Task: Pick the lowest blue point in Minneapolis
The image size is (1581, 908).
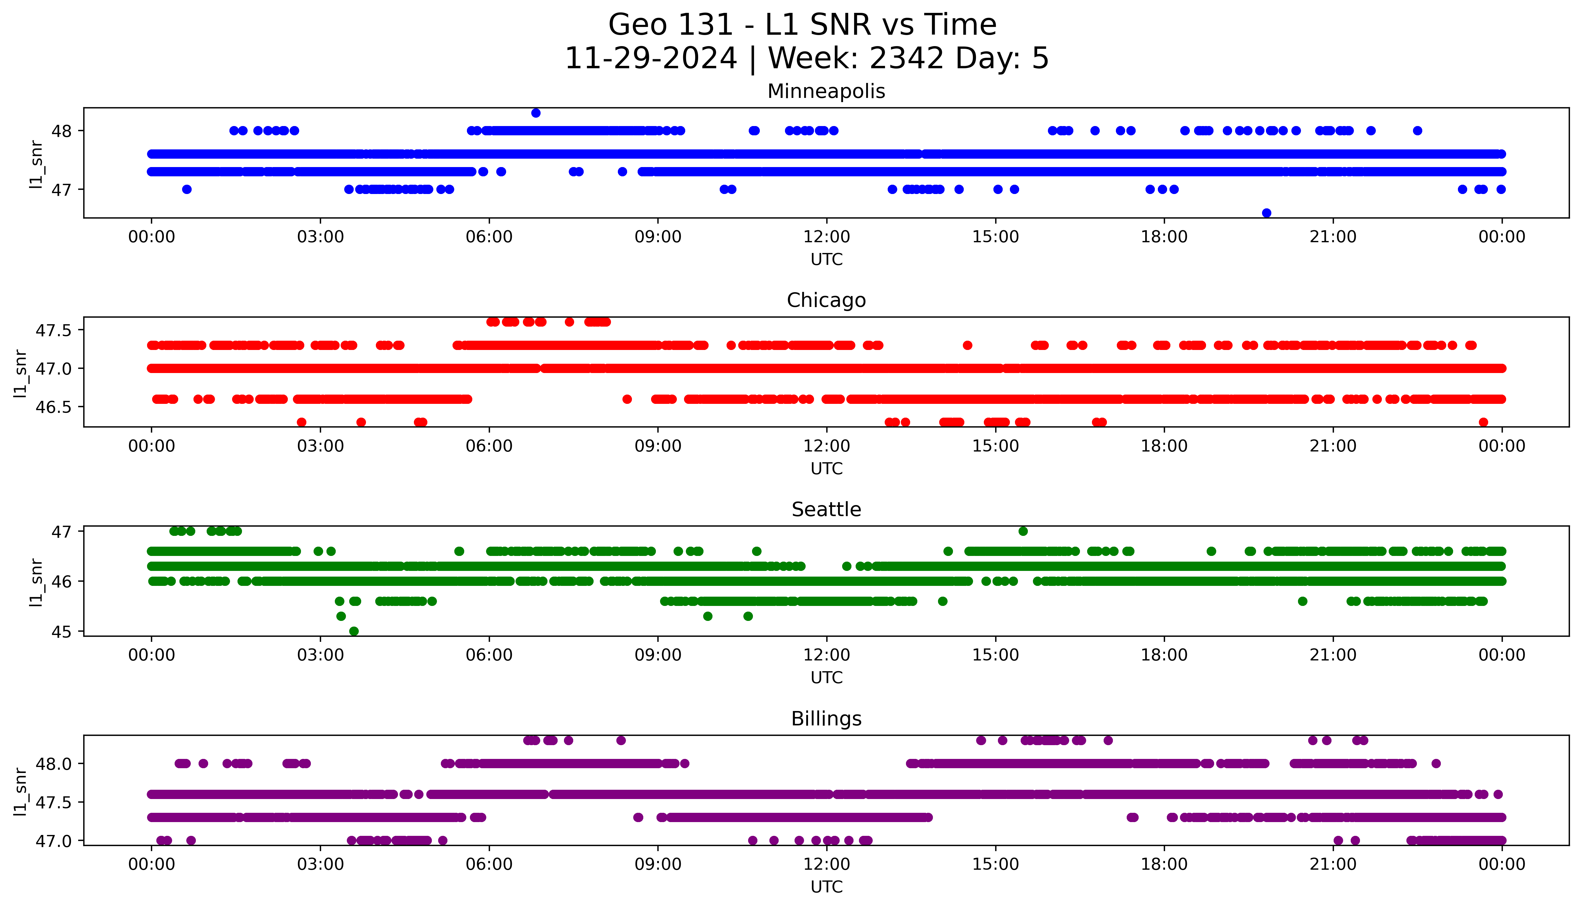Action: [x=1266, y=213]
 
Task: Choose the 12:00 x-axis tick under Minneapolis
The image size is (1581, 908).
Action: [x=826, y=237]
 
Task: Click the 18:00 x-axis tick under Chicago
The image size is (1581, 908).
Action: [x=1164, y=446]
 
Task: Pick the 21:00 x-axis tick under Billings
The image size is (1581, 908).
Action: [x=1333, y=864]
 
